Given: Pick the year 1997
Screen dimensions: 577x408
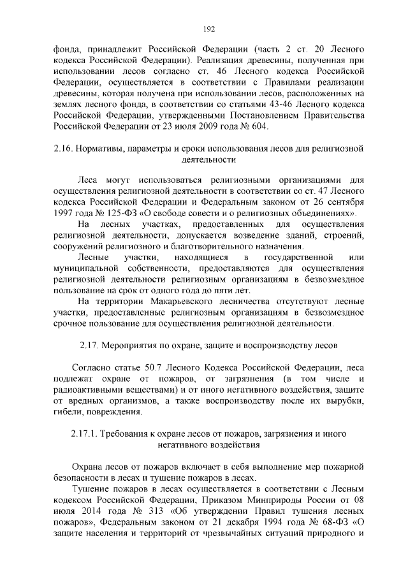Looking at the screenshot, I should [65, 213].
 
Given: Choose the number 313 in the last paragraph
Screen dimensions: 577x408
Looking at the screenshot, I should [138, 512].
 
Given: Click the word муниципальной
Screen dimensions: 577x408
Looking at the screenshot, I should [85, 268].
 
